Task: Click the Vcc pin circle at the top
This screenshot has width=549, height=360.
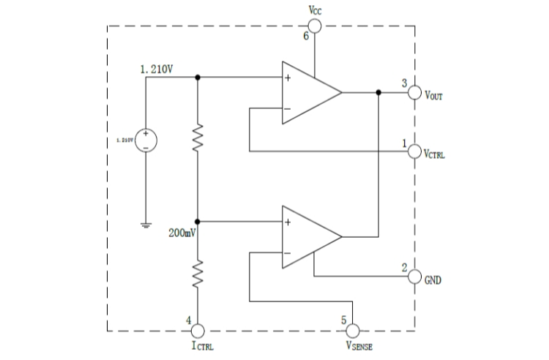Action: (x=315, y=26)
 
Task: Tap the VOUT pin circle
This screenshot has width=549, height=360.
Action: (x=415, y=93)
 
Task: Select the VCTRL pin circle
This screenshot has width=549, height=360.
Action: (x=415, y=152)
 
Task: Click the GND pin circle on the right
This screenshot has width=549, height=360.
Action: (x=415, y=277)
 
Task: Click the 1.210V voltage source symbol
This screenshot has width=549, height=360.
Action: (x=146, y=138)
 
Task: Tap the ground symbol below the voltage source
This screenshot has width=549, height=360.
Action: (x=146, y=225)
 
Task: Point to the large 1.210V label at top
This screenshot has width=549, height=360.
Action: (x=157, y=70)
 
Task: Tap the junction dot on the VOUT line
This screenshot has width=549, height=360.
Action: (x=378, y=93)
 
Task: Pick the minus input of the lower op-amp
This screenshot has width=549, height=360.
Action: (x=288, y=253)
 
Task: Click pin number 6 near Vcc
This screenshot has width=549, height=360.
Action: (x=307, y=37)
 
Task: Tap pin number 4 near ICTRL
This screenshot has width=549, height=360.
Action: (x=189, y=320)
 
